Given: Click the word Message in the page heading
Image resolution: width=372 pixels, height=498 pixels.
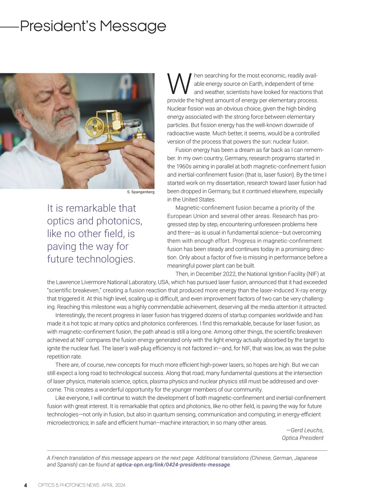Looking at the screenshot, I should pos(133,27).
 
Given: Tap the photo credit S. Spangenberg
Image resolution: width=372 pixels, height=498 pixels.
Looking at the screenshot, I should pos(140,192).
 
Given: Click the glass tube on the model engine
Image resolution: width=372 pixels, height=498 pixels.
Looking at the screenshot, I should pos(133,124).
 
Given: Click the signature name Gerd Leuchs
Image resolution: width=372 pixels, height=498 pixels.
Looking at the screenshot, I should pos(307,430).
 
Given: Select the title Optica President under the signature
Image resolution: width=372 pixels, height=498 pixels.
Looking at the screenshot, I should pos(303,438).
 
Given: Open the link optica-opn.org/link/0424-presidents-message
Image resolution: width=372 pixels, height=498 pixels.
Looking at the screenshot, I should pos(173,465).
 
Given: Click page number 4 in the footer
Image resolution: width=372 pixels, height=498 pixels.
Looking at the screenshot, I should pos(26,485).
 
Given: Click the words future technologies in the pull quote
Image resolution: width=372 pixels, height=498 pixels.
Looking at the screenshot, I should pos(91,259).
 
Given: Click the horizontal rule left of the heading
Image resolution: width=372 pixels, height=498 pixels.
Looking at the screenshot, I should pos(10,27).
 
